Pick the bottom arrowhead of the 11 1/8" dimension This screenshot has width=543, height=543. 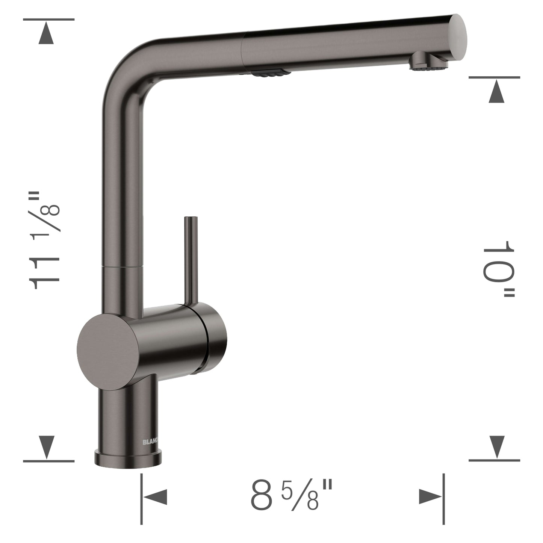(x=48, y=446)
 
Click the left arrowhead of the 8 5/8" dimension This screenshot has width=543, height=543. (x=155, y=497)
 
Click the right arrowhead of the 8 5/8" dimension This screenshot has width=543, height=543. (x=431, y=497)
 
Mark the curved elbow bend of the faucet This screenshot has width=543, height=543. (x=124, y=68)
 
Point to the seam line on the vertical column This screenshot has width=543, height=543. (x=123, y=266)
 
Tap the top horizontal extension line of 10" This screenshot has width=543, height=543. (x=495, y=77)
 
